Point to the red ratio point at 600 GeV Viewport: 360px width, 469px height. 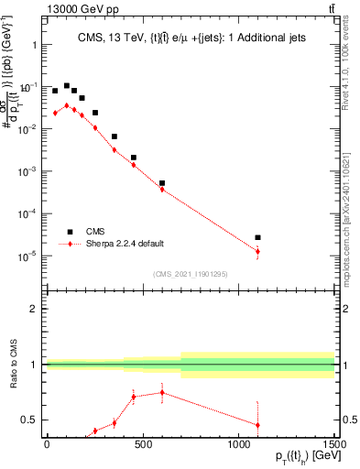pos(162,392)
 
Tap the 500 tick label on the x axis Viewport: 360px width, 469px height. pos(142,443)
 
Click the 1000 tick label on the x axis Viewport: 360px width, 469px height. pos(238,443)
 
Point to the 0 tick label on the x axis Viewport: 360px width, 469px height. pos(46,443)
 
